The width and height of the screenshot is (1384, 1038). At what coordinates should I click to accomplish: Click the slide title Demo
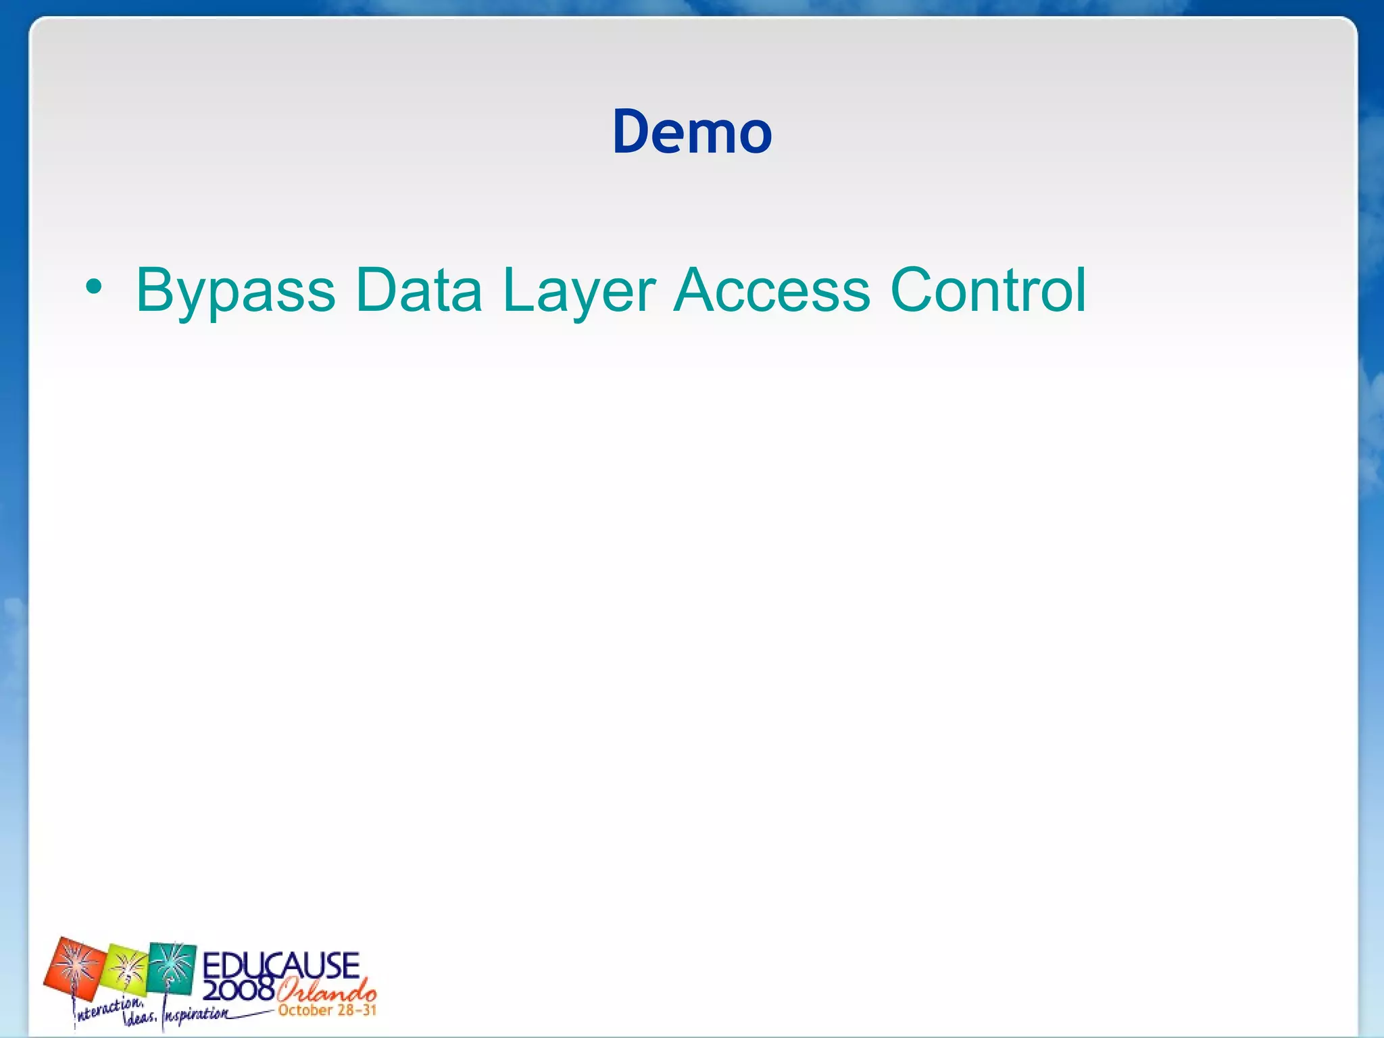coord(692,132)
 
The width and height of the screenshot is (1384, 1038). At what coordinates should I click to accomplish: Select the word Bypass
coord(235,292)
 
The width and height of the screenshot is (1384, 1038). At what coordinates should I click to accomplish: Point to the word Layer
coord(578,292)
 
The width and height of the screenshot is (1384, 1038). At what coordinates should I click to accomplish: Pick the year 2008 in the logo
coord(238,990)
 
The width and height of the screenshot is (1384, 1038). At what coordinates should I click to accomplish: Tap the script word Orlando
coord(326,991)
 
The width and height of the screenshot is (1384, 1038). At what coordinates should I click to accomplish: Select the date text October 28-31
coord(327,1010)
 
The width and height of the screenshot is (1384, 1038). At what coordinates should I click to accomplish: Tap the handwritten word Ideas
coord(139,1018)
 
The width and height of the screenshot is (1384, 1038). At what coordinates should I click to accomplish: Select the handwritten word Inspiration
coord(196,1015)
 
